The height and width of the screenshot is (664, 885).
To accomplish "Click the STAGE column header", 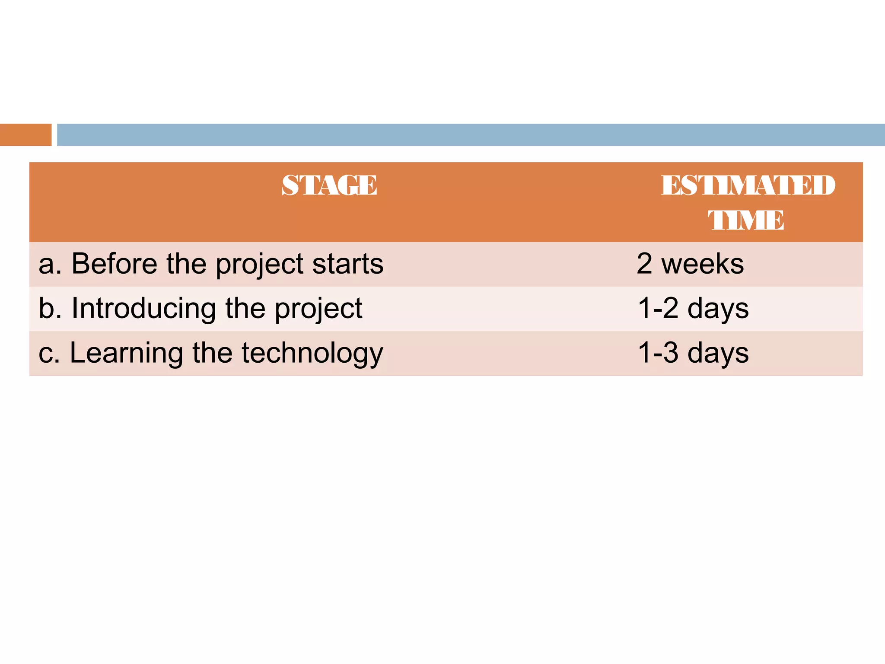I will coord(329,185).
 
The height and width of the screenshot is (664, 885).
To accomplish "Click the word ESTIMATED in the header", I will coord(748,185).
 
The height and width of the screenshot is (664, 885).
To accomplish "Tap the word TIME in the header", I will coord(746,220).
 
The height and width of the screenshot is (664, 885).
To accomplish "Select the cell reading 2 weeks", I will coord(690,264).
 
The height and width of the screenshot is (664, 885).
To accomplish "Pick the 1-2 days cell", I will coord(693,309).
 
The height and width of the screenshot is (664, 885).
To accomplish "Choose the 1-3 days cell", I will coord(693,353).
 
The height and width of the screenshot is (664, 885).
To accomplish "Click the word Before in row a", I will coord(114,264).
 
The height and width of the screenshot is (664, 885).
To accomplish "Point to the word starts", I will coord(348,264).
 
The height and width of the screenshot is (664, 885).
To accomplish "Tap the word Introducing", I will coord(143,309).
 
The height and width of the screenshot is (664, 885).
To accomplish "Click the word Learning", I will coord(126,353).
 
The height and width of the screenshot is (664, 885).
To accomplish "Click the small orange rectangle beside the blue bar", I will coord(25,135).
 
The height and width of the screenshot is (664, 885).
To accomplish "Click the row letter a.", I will coord(47,265).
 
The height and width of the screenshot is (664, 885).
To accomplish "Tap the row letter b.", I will coord(47,309).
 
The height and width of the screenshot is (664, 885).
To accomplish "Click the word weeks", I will coord(703,264).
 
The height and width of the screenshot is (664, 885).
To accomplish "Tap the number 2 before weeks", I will coord(644,264).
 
